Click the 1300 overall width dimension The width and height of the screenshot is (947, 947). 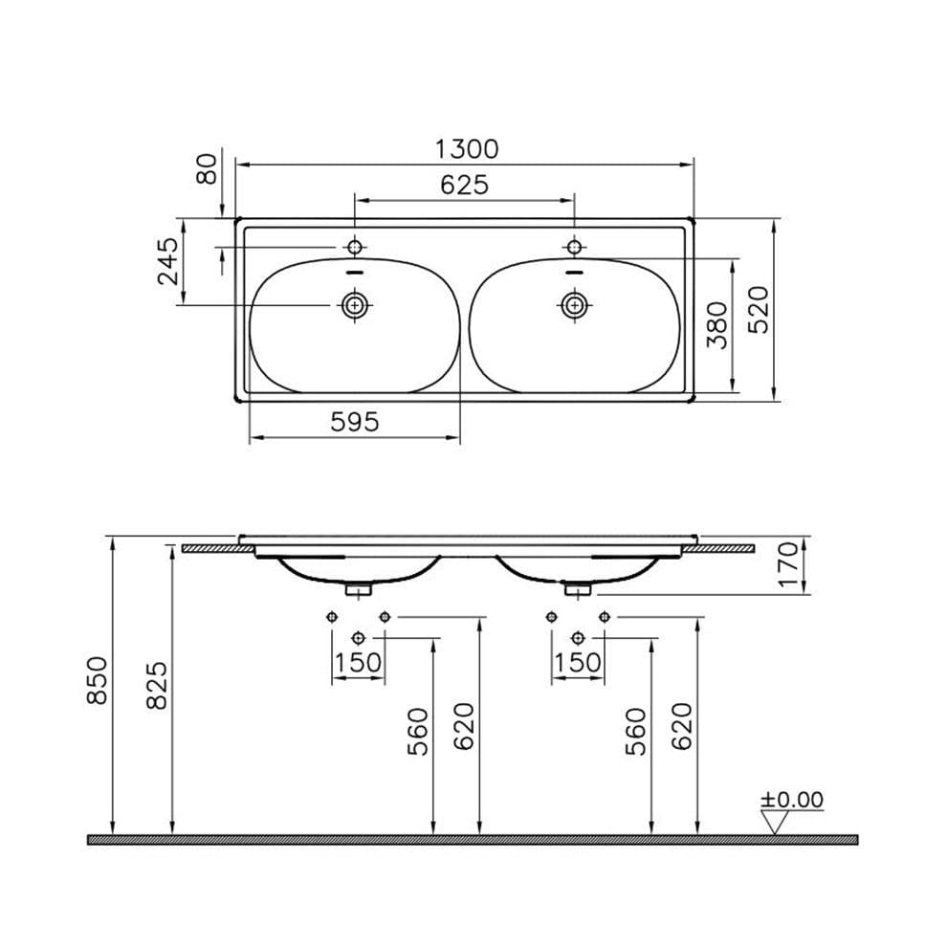(466, 149)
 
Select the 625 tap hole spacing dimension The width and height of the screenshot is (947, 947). (464, 185)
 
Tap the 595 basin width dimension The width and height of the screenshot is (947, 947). (355, 422)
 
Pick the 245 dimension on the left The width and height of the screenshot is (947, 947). (168, 260)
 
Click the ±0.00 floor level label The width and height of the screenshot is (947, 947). (791, 800)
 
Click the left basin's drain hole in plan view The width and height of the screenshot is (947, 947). (356, 305)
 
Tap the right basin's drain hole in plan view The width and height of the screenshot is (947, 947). (574, 305)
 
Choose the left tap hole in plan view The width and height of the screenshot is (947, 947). (355, 248)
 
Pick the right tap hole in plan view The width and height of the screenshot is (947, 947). (574, 248)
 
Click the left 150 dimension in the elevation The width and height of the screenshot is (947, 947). (358, 662)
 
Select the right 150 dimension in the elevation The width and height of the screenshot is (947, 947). (578, 662)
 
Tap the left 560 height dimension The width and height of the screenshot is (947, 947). (419, 732)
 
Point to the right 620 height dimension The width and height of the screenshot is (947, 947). (681, 727)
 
